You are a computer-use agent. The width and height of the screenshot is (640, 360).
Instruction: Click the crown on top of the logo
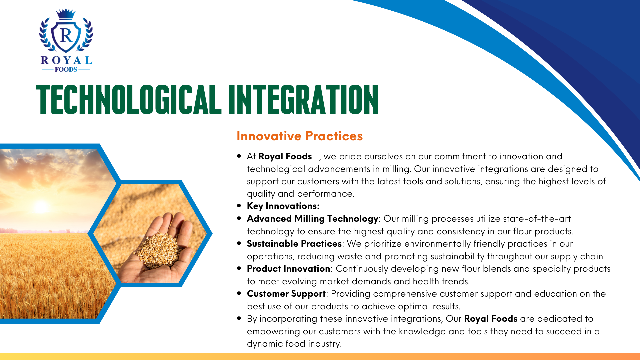coord(66,14)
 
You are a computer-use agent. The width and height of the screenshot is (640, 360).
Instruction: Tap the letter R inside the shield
coord(66,35)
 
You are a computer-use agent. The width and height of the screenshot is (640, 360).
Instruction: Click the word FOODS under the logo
coord(66,69)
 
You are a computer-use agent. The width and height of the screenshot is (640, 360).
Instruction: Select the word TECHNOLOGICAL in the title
coord(128,99)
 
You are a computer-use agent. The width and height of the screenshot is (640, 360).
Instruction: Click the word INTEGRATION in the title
coord(304,99)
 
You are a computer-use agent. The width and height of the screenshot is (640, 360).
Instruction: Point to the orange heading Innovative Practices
coord(300,136)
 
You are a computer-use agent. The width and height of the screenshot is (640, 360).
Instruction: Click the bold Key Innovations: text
coord(283,206)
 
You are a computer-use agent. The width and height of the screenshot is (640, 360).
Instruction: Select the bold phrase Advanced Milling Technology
coord(312,219)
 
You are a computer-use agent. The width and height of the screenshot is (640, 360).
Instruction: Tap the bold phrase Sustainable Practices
coord(294,244)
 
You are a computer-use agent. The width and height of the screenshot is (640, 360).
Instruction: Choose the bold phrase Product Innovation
coord(288,269)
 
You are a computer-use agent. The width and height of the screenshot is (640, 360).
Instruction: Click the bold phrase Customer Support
coord(286,294)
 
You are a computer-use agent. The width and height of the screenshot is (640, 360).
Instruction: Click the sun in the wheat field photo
coord(41,207)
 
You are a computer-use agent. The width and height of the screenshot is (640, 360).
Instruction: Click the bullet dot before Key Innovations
coord(239,206)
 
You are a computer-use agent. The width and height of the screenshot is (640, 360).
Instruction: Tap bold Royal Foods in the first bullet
coord(285,156)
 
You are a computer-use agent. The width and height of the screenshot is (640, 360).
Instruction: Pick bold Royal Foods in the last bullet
coord(491,319)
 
